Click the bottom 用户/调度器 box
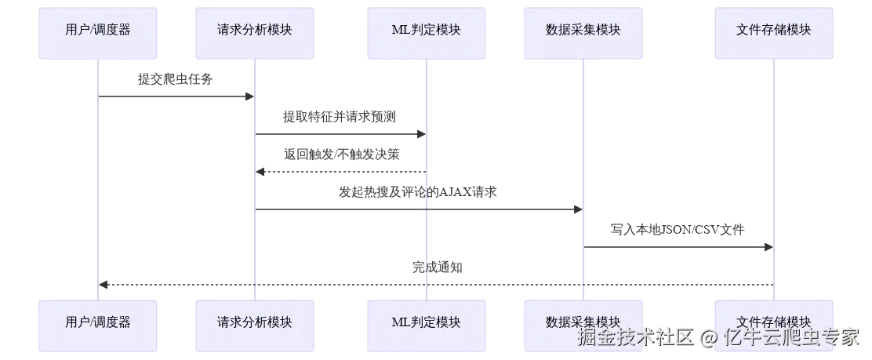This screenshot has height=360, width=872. (x=99, y=322)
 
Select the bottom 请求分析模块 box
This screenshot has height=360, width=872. (x=255, y=322)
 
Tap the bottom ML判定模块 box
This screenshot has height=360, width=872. (x=427, y=322)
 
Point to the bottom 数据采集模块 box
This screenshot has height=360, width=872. (x=583, y=322)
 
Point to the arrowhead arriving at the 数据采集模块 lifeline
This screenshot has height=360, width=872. (x=577, y=209)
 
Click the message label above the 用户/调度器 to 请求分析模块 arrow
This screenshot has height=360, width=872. (x=175, y=78)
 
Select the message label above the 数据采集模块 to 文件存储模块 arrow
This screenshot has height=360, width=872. (x=678, y=230)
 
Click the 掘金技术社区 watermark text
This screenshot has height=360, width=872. (x=636, y=337)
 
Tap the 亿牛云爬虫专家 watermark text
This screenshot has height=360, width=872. (x=791, y=337)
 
